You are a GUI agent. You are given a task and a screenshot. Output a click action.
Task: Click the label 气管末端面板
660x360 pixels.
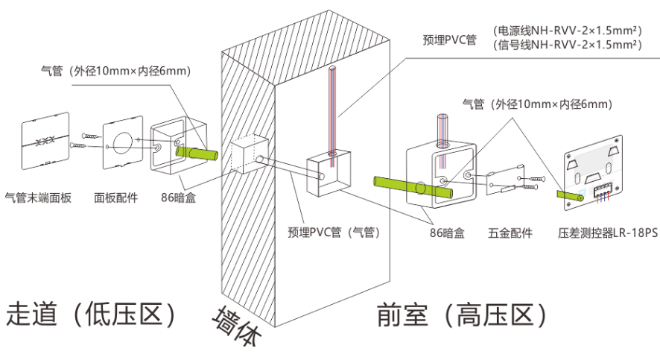pyautogui.click(x=38, y=198)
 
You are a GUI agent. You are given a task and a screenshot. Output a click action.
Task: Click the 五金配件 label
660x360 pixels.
pyautogui.click(x=510, y=233)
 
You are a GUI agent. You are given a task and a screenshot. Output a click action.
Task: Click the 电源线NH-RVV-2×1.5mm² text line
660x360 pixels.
pyautogui.click(x=567, y=31)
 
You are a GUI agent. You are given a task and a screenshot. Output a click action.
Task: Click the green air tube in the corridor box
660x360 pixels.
pyautogui.click(x=196, y=153)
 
